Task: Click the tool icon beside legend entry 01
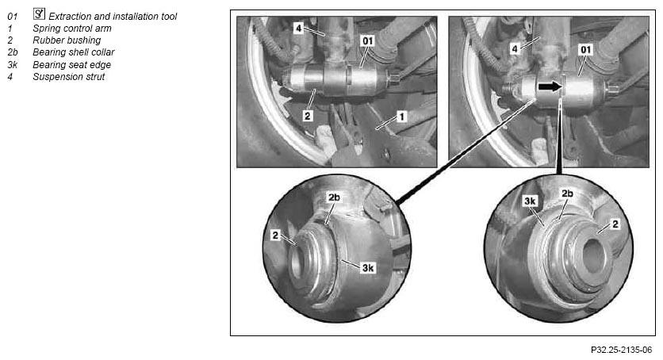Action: tap(39, 14)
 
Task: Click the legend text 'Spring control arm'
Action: tap(72, 29)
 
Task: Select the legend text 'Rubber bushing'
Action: tap(67, 40)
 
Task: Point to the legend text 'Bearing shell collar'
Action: tap(74, 52)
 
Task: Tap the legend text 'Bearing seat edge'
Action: tap(72, 65)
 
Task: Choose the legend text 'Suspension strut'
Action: tap(68, 76)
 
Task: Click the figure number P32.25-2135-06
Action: tap(622, 350)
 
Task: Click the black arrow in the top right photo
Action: tap(550, 86)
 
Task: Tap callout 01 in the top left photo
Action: tap(368, 40)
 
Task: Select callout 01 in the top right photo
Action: tap(585, 50)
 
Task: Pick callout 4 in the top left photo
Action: tap(299, 29)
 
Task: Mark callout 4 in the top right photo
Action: tap(515, 49)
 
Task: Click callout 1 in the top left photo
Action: tap(402, 116)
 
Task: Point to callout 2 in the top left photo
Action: tap(308, 115)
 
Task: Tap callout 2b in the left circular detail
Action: tap(334, 197)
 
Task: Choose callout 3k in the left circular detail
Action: tap(368, 267)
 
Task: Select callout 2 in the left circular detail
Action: tap(276, 236)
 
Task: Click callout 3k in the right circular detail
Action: tap(531, 201)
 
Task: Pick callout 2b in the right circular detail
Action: tap(568, 193)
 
